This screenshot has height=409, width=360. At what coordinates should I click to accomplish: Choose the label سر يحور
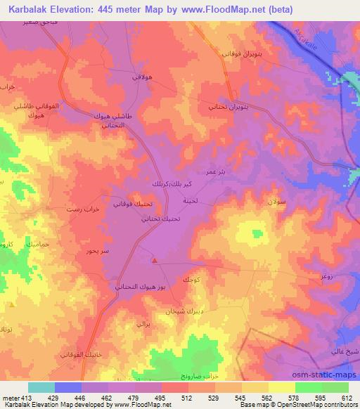click(x=96, y=251)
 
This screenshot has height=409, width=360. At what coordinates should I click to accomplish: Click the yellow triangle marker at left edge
click(x=12, y=306)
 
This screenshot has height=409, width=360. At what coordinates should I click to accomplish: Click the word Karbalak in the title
click(x=28, y=8)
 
